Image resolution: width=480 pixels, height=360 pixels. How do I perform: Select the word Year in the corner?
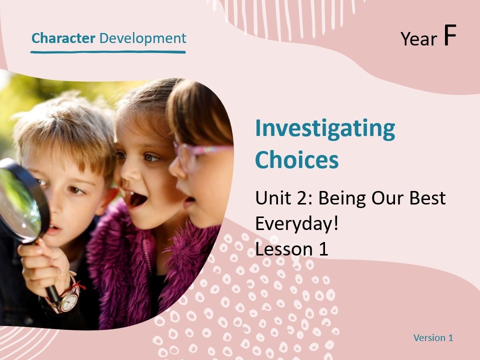[x=419, y=39]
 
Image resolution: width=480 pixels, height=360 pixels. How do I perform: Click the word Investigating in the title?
[x=325, y=129]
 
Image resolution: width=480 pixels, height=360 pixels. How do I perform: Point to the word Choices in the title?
[x=296, y=160]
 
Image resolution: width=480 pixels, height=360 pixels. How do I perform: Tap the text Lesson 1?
[x=291, y=248]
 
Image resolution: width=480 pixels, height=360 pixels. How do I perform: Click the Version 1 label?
[x=433, y=338]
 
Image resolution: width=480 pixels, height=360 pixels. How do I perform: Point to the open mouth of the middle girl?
[x=138, y=198]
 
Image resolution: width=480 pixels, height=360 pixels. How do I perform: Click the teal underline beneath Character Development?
[x=108, y=51]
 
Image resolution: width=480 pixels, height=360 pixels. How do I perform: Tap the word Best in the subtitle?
[x=425, y=198]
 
